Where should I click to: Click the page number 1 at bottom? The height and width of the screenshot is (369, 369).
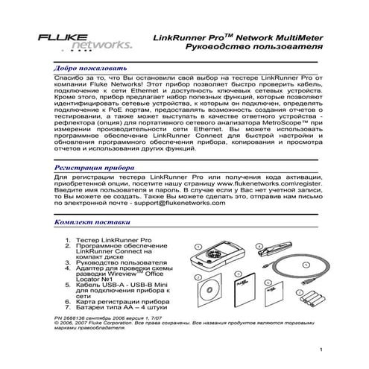pos(320,350)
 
